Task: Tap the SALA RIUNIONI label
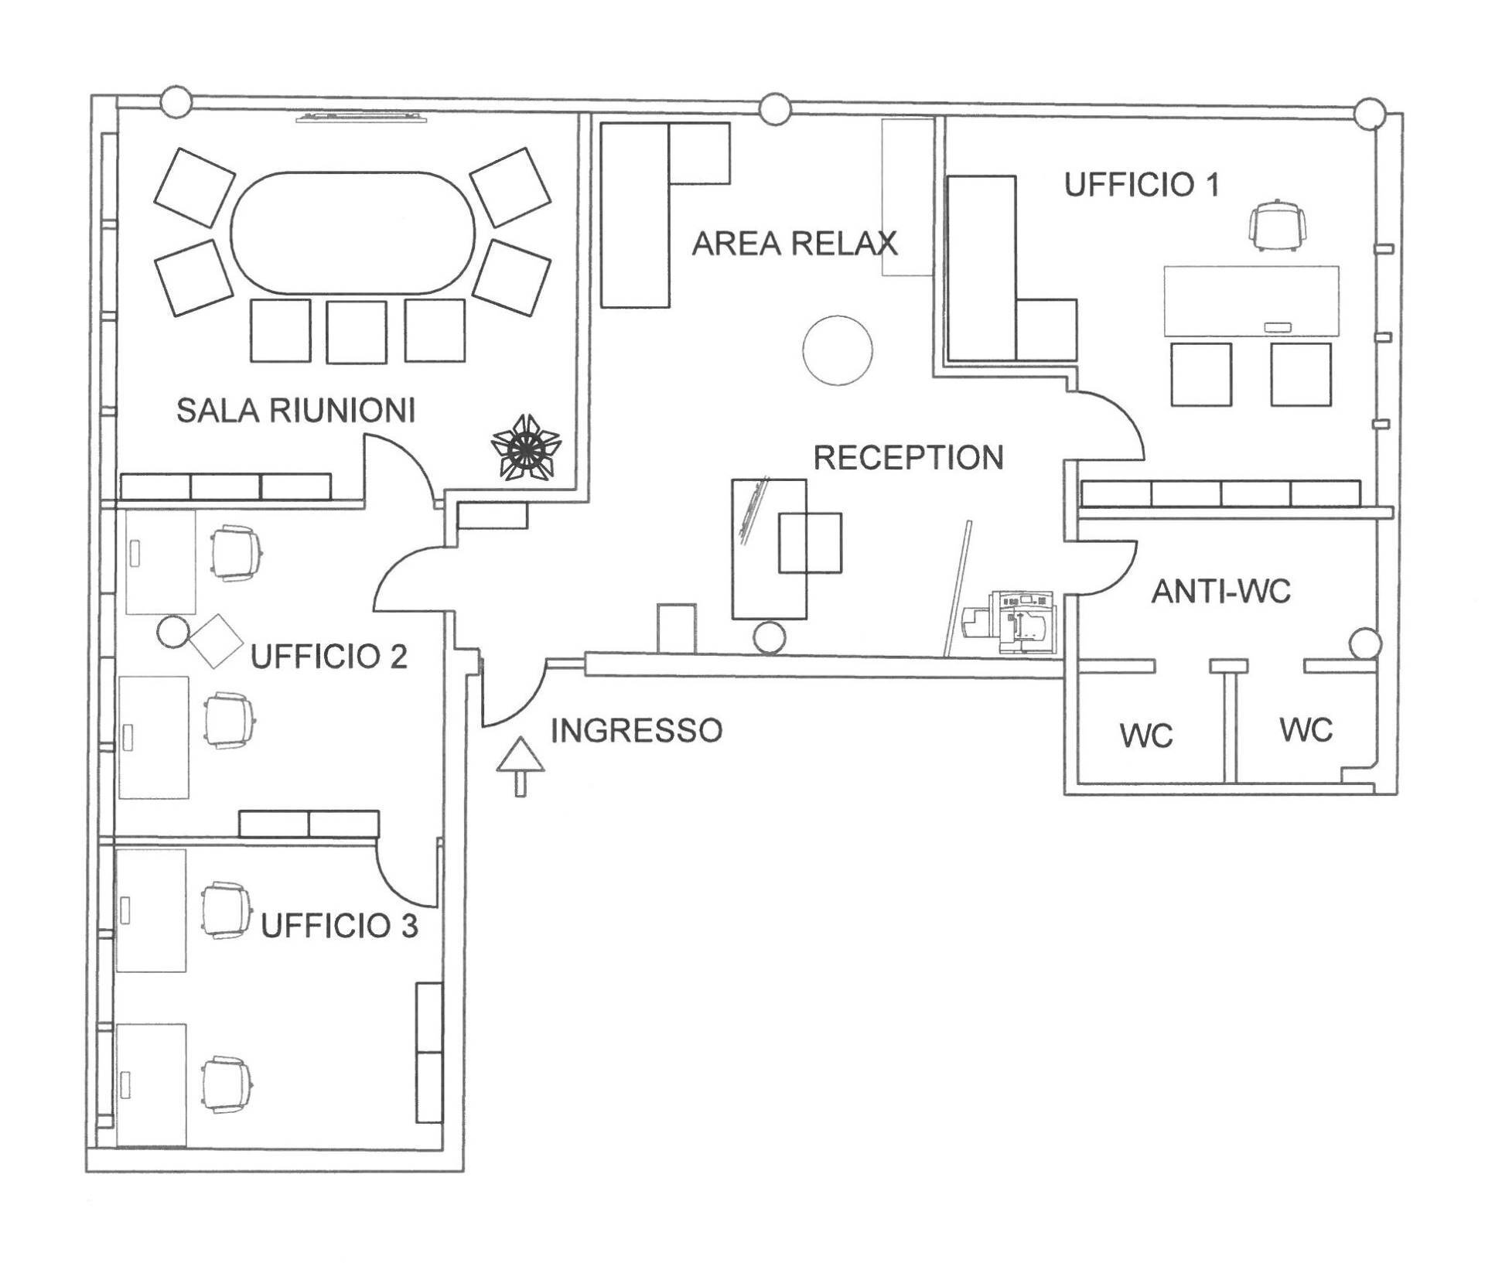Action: click(x=295, y=410)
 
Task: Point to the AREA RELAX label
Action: click(x=794, y=243)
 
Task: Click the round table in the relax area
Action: click(x=838, y=350)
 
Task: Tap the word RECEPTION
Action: click(x=908, y=457)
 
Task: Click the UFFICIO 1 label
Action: click(x=1142, y=185)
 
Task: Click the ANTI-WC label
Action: click(x=1220, y=592)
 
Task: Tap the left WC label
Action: click(x=1146, y=736)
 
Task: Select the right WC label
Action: click(x=1306, y=730)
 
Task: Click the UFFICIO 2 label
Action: click(x=329, y=657)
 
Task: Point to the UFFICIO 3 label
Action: click(x=339, y=925)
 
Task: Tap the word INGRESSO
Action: click(x=636, y=730)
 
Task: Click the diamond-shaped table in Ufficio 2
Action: click(x=217, y=640)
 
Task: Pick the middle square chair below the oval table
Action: click(x=356, y=332)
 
